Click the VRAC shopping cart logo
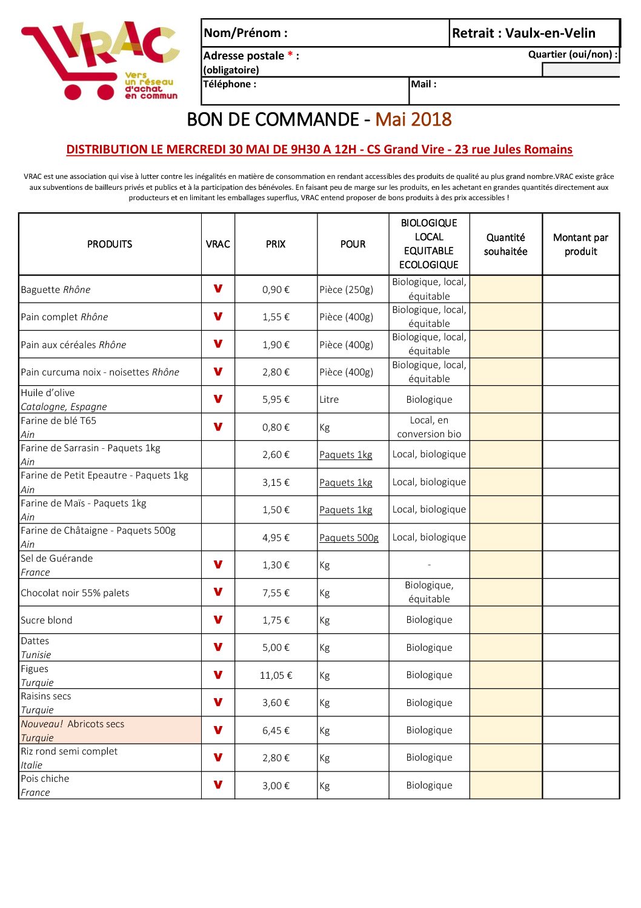100,61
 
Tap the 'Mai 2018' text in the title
413,119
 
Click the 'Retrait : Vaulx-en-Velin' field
523,33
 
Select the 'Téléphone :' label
230,84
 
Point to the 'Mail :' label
423,84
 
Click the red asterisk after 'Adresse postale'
290,55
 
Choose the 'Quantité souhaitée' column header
505,244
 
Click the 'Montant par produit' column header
580,244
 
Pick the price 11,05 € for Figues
276,675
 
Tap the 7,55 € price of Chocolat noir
276,593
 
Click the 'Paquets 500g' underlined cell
349,537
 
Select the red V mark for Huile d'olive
218,399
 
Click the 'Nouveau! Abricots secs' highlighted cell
110,730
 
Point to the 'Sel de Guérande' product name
57,559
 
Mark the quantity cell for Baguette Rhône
505,289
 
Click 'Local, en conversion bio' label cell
429,427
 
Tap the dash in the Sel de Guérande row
429,565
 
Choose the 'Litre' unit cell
330,400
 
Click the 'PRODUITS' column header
110,244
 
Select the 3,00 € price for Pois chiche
276,785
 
